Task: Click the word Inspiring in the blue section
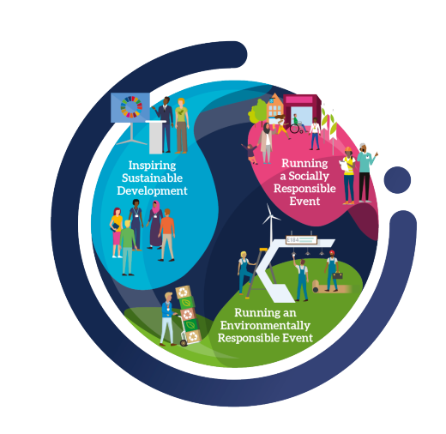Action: tap(152, 166)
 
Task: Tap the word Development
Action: tap(152, 190)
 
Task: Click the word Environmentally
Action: tap(265, 326)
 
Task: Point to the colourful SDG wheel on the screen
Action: tap(131, 107)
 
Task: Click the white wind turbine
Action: tap(270, 225)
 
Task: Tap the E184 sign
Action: tap(301, 240)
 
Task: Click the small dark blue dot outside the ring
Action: tap(397, 180)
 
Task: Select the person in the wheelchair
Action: tap(298, 124)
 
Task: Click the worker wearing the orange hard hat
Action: tap(348, 176)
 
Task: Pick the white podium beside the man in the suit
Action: tap(156, 137)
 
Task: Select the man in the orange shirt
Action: tap(166, 235)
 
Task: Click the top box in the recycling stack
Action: tap(184, 292)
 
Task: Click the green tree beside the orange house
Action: tap(258, 113)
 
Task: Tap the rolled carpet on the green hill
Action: tap(331, 286)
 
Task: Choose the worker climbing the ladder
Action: tap(244, 273)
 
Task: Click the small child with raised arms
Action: tap(250, 154)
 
